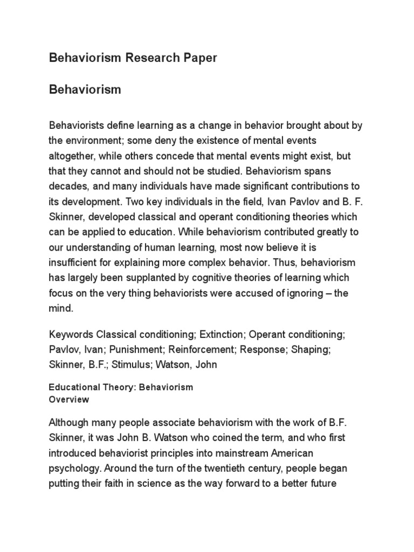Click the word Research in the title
click(150, 58)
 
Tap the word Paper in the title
click(198, 58)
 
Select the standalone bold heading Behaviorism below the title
click(85, 89)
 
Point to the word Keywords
click(71, 334)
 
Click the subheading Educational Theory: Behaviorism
click(121, 387)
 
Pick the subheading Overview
click(69, 400)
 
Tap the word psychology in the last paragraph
click(73, 468)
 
